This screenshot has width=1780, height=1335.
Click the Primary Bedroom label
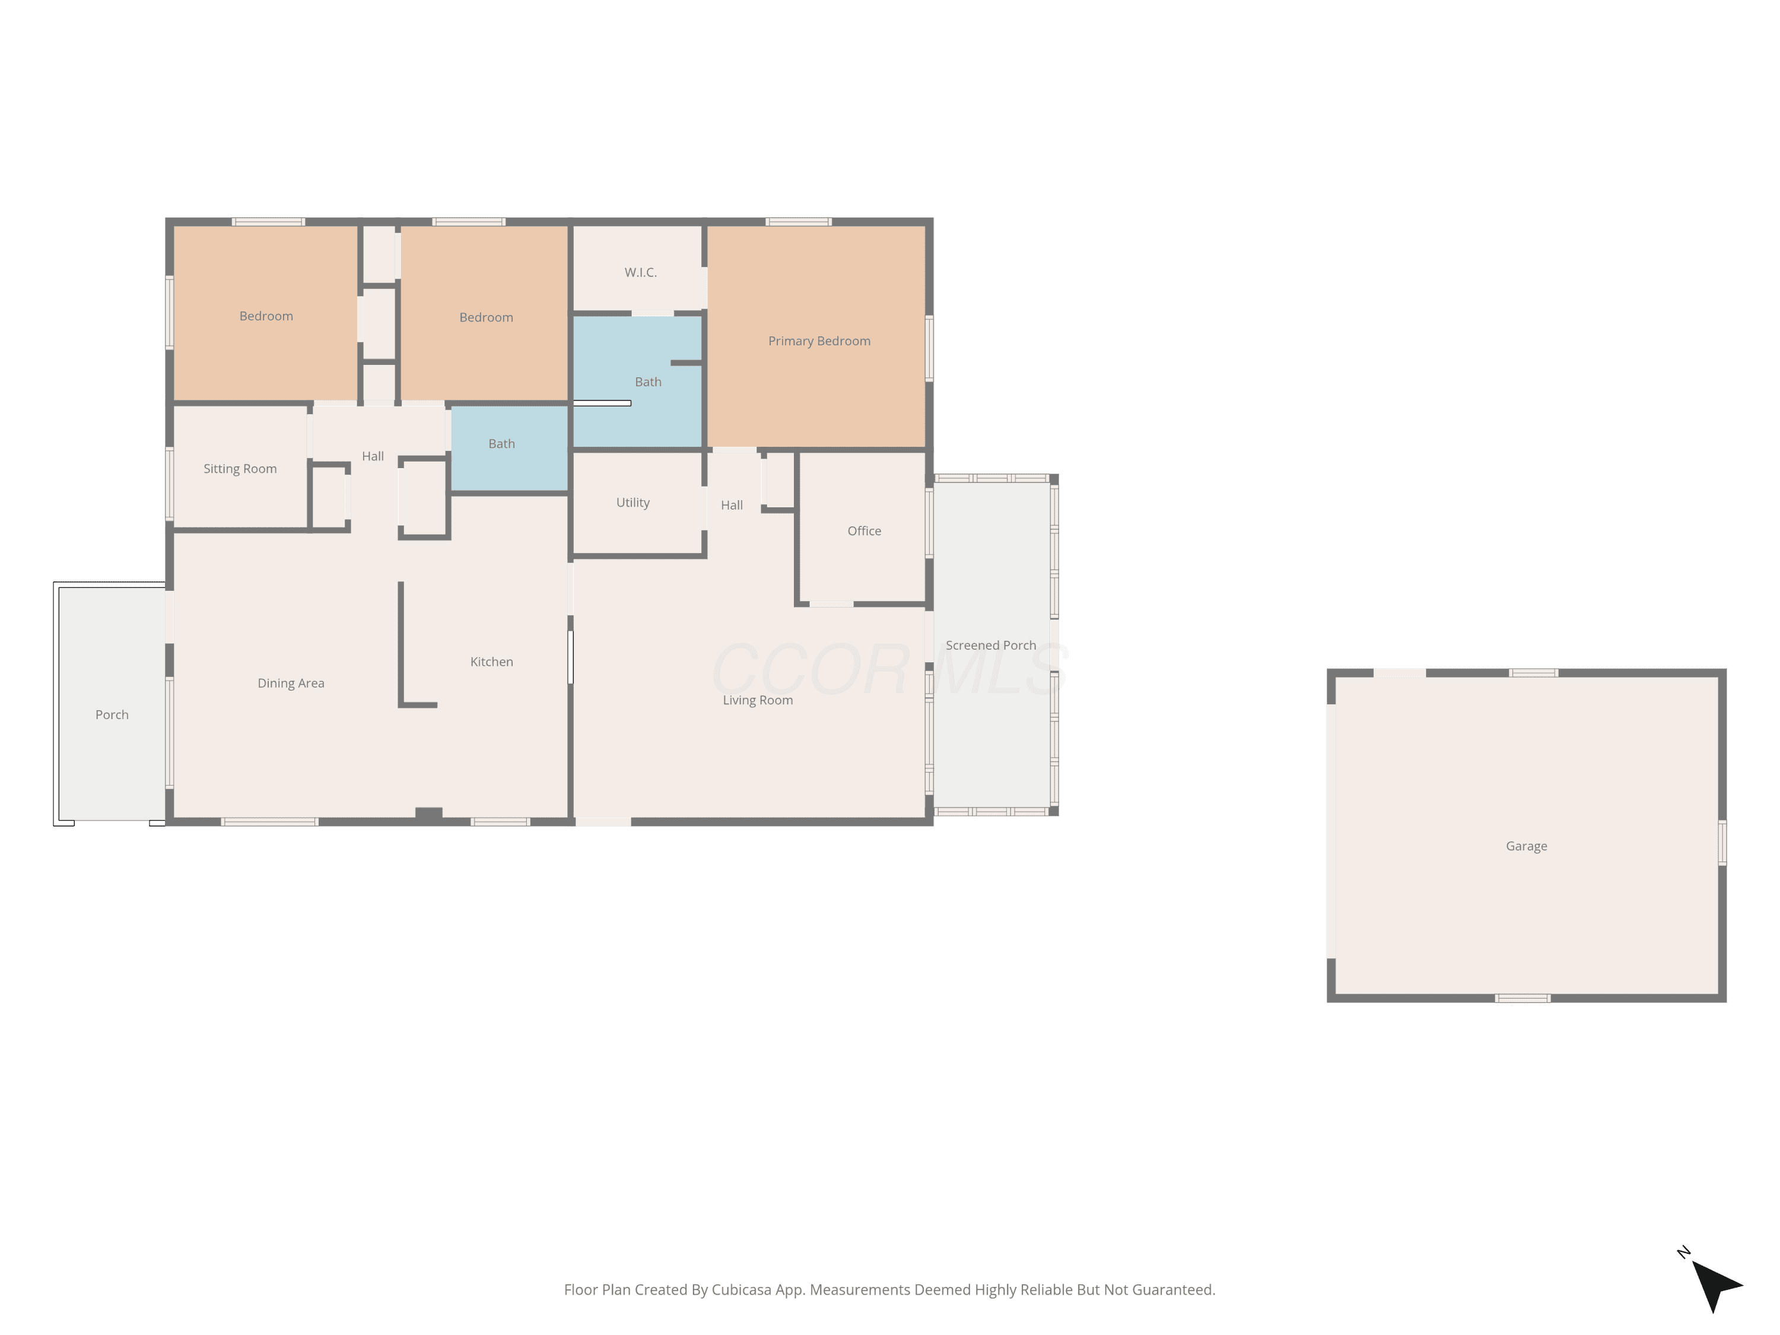tap(819, 341)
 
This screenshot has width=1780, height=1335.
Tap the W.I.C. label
tap(641, 273)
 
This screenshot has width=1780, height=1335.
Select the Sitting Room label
tap(240, 469)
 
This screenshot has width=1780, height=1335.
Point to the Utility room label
tap(632, 503)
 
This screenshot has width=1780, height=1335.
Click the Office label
tap(864, 531)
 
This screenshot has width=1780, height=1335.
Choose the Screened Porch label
tap(991, 646)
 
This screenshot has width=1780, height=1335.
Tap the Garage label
tap(1527, 847)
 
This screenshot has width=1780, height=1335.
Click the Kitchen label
tap(492, 662)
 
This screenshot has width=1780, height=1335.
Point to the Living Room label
tap(758, 701)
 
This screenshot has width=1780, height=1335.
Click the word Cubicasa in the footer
tap(741, 1290)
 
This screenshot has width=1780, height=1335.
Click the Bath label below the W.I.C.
tap(648, 382)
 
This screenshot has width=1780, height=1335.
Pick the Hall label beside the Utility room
tap(732, 506)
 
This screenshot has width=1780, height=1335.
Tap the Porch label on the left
tap(112, 716)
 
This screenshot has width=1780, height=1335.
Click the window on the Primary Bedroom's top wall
tap(798, 222)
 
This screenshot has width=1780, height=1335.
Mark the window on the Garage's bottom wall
tap(1522, 999)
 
